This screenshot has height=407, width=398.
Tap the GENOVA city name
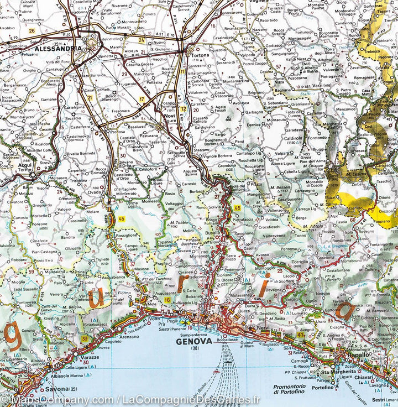[x=194, y=341]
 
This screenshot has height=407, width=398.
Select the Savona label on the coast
[x=57, y=388]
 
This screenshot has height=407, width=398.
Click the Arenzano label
[x=129, y=336]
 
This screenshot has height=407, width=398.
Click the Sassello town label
[x=30, y=289]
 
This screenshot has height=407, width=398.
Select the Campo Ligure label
[x=130, y=247]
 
